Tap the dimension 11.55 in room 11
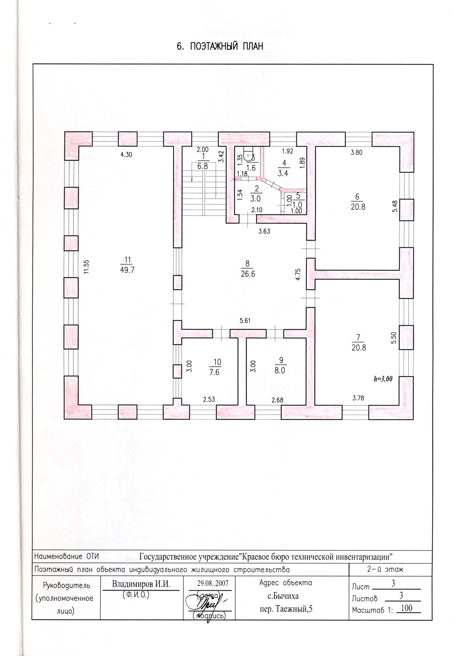[x=86, y=267]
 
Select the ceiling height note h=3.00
[x=383, y=379]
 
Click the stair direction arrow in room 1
[x=192, y=179]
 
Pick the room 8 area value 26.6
[x=248, y=274]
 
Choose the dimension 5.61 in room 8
[x=245, y=321]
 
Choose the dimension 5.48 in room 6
[x=395, y=206]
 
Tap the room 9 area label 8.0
[x=279, y=371]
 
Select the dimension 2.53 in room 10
[x=209, y=399]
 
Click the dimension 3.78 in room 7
[x=358, y=398]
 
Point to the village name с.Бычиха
[x=283, y=596]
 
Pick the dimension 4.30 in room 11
[x=126, y=155]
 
